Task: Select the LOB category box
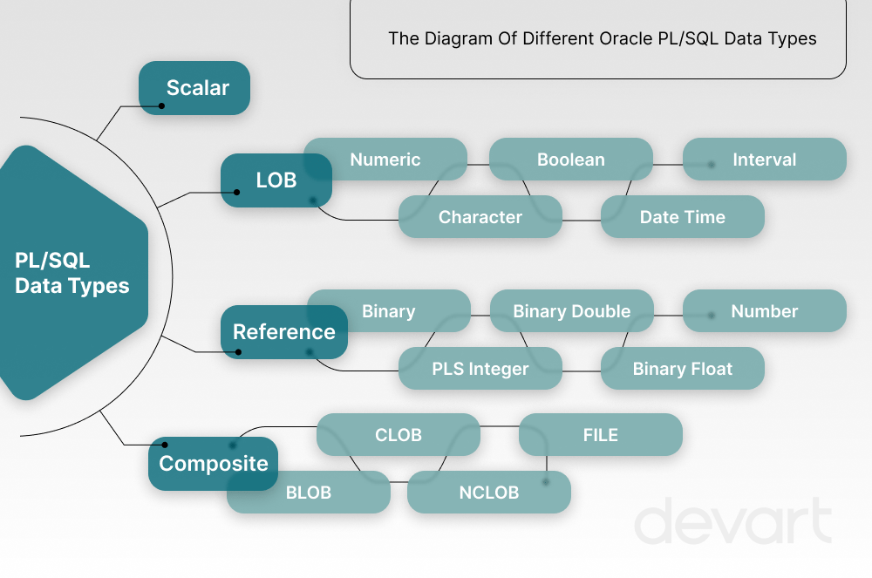(x=276, y=180)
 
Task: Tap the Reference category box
(x=283, y=332)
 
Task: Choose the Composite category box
(x=213, y=463)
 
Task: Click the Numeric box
(x=385, y=160)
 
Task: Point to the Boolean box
(x=570, y=160)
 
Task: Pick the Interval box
(x=764, y=160)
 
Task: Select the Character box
(x=480, y=217)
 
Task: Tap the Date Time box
(x=682, y=217)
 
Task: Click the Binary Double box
(x=571, y=311)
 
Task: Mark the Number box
(x=764, y=311)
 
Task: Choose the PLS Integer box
(x=480, y=369)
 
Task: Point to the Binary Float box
(x=682, y=369)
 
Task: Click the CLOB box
(x=398, y=435)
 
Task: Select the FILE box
(x=600, y=435)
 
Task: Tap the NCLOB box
(x=488, y=493)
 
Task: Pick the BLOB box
(x=309, y=493)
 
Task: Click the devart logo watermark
(x=732, y=522)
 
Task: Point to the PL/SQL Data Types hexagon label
(x=72, y=273)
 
